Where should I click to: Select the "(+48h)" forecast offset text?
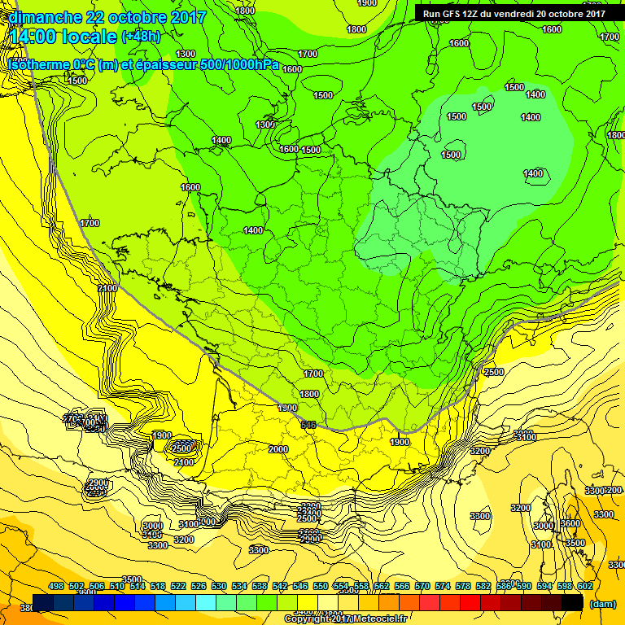(142, 37)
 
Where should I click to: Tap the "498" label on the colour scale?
(56, 587)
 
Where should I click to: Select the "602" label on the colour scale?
(585, 587)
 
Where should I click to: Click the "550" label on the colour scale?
(321, 587)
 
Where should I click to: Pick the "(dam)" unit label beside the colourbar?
(602, 604)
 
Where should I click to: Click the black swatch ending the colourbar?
(573, 602)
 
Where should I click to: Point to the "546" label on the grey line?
(308, 425)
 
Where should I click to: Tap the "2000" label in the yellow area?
(278, 449)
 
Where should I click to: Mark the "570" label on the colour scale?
(422, 587)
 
